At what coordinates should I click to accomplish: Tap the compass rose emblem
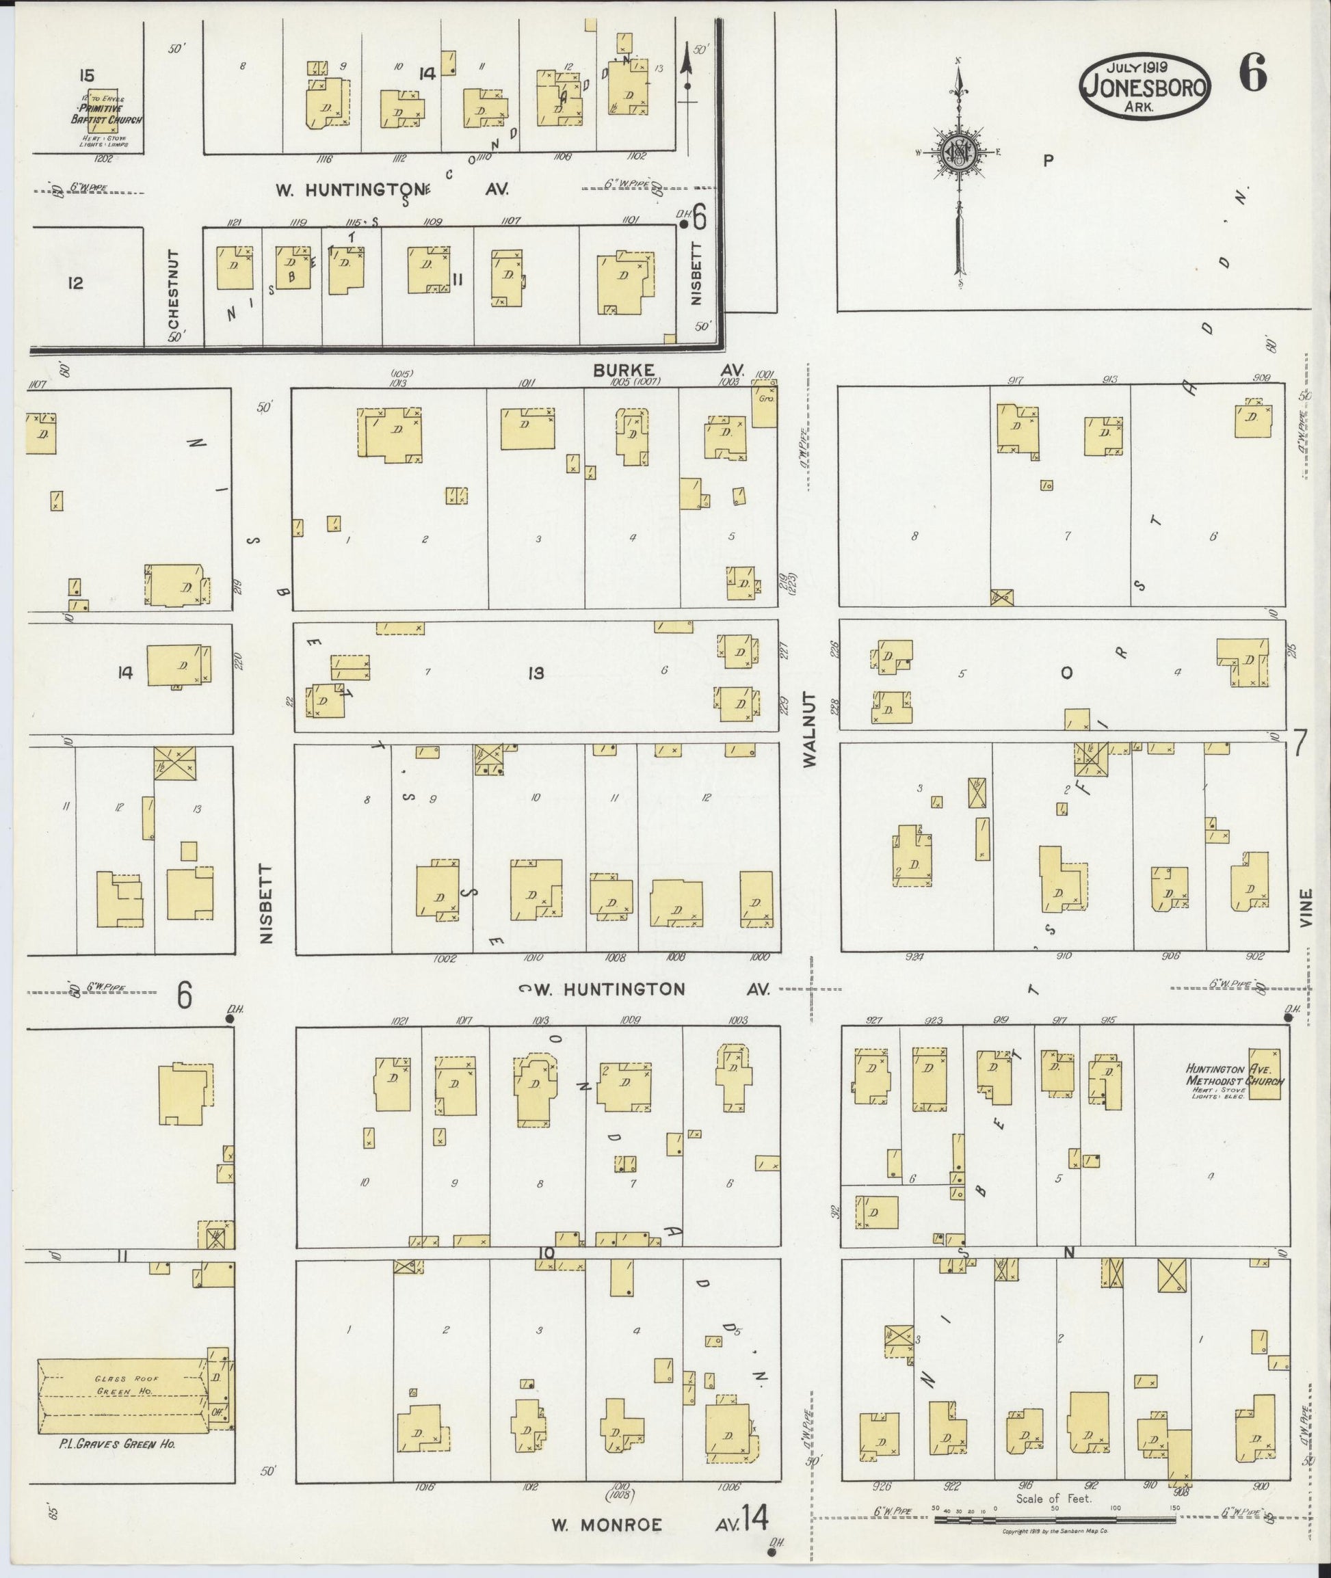958,153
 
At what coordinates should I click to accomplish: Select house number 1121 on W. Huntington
233,222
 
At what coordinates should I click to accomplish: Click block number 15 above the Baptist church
86,75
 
